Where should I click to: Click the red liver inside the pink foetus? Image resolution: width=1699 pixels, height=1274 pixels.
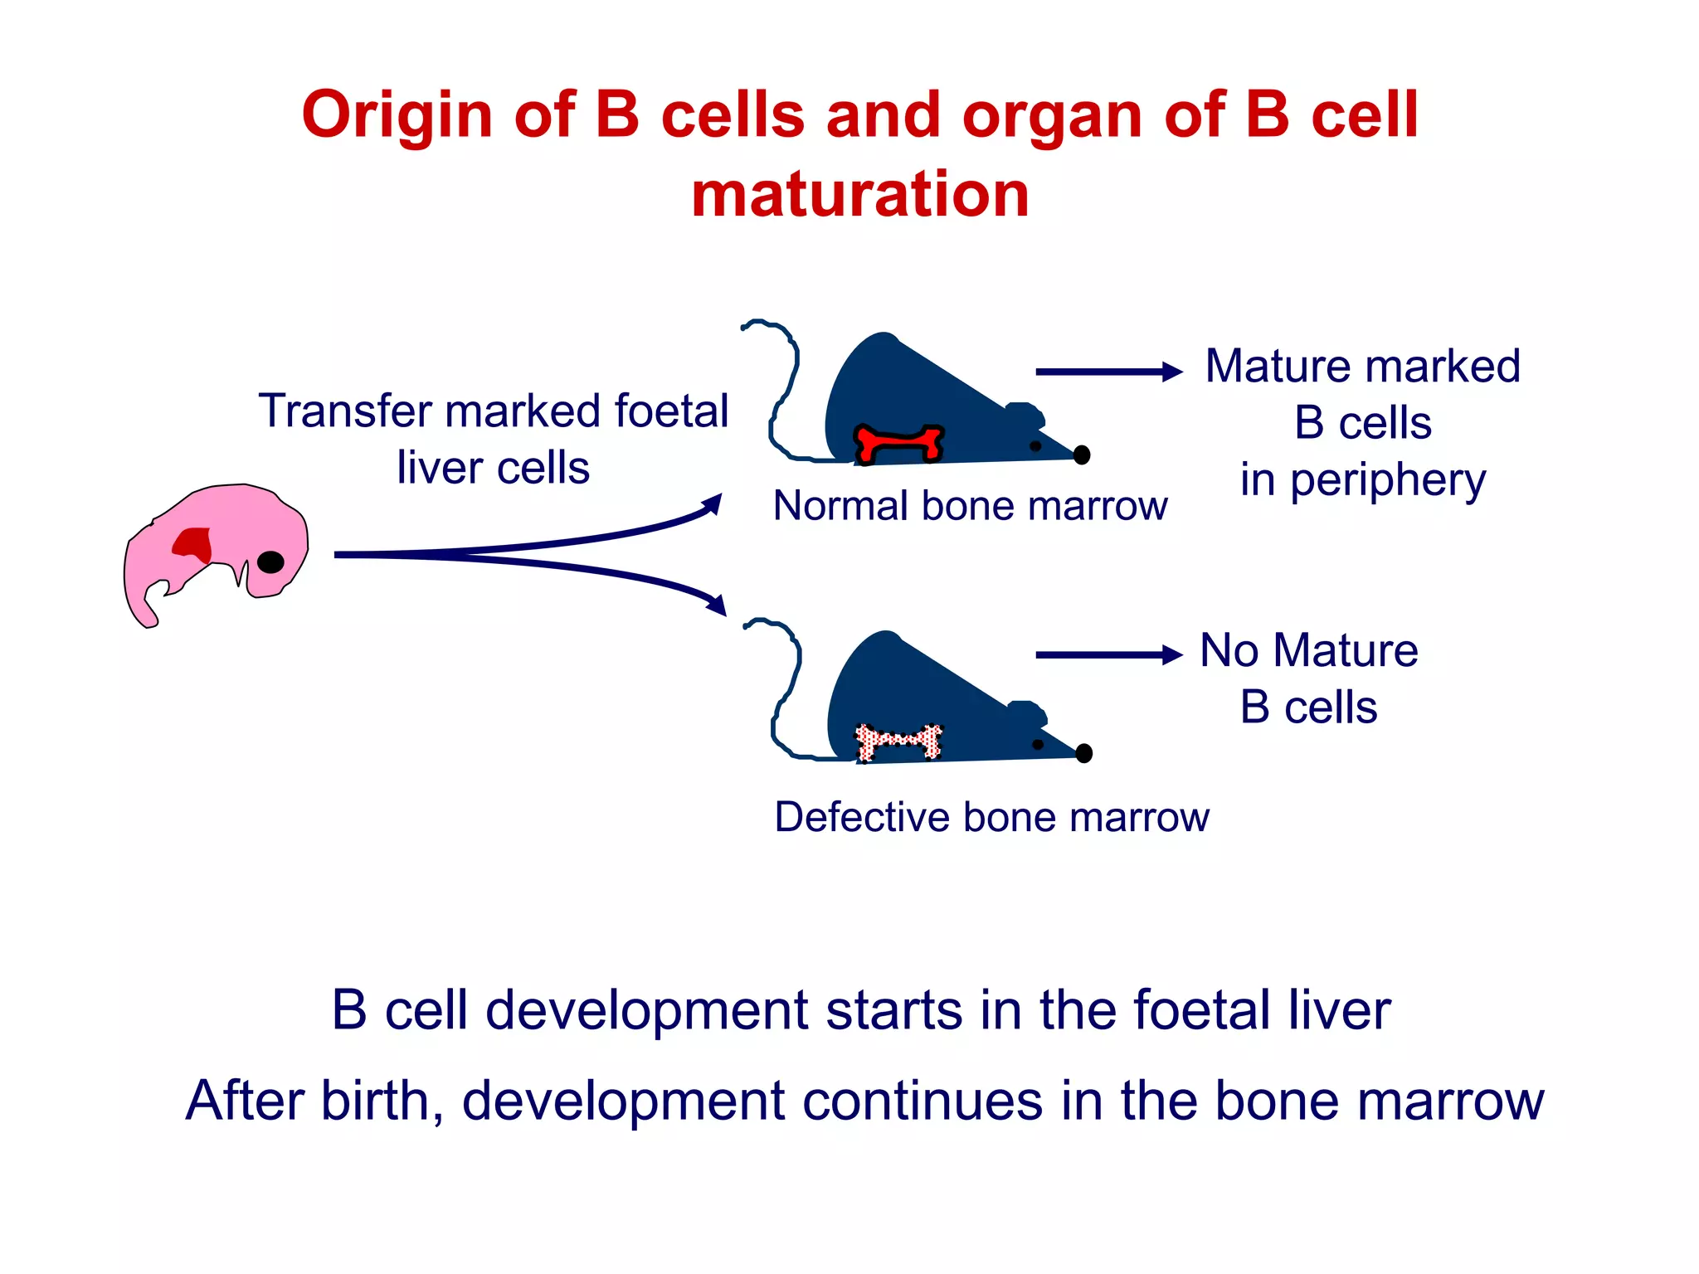tap(194, 544)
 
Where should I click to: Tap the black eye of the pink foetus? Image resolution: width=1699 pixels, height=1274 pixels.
tap(270, 562)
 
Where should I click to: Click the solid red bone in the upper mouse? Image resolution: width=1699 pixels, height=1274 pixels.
tap(898, 443)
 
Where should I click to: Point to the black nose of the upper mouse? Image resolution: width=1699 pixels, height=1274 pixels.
tap(1082, 455)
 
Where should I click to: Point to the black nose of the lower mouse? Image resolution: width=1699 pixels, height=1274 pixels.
tap(1083, 753)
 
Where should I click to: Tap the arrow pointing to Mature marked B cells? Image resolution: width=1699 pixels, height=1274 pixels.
tap(1108, 372)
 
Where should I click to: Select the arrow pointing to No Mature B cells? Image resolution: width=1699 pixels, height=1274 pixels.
tap(1108, 655)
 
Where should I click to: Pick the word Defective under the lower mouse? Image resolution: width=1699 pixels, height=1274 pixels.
tap(861, 818)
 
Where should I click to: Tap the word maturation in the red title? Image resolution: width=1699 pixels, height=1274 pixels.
tap(860, 194)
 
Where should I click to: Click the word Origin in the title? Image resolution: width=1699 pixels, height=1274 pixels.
tap(397, 114)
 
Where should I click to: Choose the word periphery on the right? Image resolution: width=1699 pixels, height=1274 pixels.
tap(1388, 481)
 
